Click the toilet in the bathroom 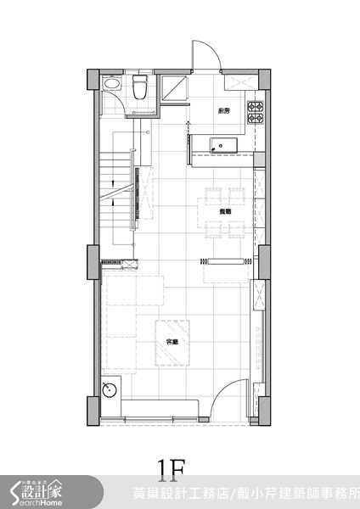tap(141, 87)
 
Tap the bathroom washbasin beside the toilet tap(110, 87)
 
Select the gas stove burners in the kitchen tap(256, 109)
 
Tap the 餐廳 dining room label tap(225, 212)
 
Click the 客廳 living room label tap(173, 342)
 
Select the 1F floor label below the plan tap(170, 469)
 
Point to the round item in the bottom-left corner tap(110, 391)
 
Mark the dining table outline tap(224, 211)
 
